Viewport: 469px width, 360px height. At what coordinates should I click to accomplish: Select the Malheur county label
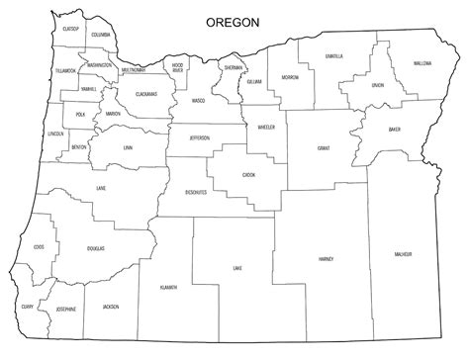(x=402, y=254)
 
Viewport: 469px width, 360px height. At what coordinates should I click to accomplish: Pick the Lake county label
(x=236, y=268)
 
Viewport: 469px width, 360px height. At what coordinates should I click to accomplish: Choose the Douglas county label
(x=95, y=249)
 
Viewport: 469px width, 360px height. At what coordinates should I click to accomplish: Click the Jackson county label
(x=110, y=307)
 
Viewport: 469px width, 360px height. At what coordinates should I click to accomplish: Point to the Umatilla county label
(x=333, y=56)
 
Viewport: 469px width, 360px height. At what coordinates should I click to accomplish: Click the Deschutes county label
(x=196, y=192)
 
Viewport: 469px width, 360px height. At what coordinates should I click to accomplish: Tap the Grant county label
(x=323, y=148)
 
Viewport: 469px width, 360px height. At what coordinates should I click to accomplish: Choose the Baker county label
(x=395, y=129)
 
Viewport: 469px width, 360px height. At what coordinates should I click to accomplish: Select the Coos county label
(x=39, y=247)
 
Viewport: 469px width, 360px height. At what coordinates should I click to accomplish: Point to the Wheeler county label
(x=265, y=128)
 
